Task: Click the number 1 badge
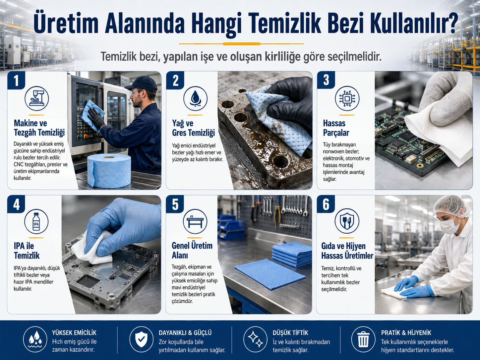coord(16,81)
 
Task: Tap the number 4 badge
coord(16,205)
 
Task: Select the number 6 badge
coord(326,205)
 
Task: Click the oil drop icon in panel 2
coord(195,98)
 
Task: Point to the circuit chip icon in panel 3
coord(347,98)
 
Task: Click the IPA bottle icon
coord(36,221)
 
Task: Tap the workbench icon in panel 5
coord(195,221)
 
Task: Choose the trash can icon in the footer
coord(363,339)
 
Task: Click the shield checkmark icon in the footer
coord(141,339)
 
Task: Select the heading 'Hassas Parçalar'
coord(336,128)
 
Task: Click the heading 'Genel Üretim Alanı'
coord(192,250)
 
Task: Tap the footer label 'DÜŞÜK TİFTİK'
coord(290,333)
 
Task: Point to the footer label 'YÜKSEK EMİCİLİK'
coord(74,333)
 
